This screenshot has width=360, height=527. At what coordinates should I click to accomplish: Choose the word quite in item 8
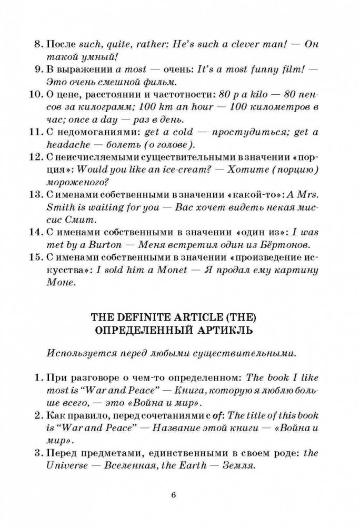pyautogui.click(x=125, y=45)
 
